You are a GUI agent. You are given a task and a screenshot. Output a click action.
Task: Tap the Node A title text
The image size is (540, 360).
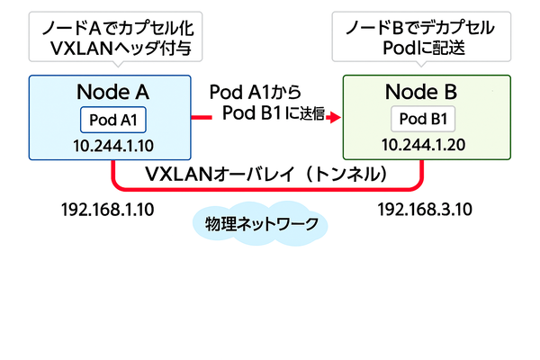111,93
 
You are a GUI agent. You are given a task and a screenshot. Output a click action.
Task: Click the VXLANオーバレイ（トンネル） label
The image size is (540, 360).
267,172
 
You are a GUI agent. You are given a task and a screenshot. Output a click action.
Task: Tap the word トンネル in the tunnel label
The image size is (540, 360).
346,172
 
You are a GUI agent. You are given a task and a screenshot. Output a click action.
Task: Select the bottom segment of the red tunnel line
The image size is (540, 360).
267,189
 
